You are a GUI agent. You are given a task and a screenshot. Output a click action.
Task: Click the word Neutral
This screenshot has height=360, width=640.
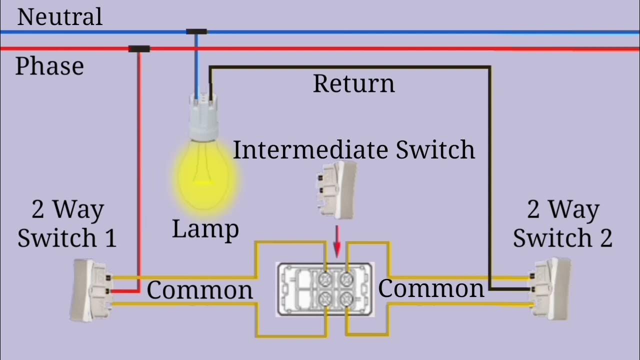[59, 16]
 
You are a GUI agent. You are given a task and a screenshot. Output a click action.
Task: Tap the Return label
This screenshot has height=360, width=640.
[353, 83]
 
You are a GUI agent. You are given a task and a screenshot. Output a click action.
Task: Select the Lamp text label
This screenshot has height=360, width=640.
[205, 229]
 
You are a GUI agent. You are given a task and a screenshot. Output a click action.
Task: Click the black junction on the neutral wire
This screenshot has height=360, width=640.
[196, 31]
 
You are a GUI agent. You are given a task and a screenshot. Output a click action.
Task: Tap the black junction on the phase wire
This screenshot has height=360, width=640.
[139, 49]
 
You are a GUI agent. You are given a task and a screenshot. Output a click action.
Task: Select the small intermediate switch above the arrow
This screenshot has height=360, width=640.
[336, 190]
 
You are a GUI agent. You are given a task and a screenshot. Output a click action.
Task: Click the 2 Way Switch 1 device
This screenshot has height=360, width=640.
[91, 290]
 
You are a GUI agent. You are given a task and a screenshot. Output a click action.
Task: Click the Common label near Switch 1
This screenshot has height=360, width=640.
[199, 290]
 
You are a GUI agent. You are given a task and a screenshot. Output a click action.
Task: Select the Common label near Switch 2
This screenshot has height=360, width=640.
[431, 289]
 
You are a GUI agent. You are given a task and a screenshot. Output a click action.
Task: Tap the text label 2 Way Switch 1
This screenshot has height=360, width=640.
[67, 223]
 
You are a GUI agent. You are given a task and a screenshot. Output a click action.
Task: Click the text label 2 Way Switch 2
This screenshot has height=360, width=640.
[562, 223]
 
